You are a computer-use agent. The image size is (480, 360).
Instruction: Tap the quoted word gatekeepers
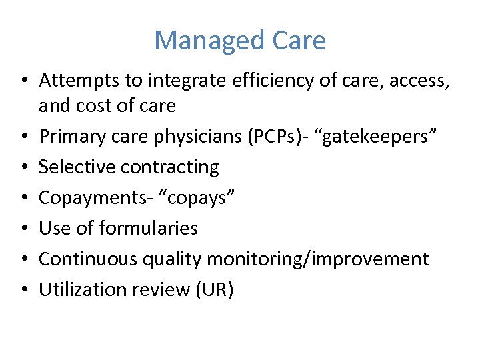click(381, 137)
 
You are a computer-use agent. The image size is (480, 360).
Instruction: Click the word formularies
click(148, 228)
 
